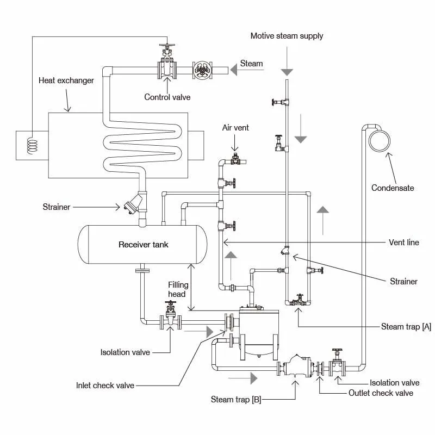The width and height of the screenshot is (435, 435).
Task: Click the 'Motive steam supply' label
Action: (287, 36)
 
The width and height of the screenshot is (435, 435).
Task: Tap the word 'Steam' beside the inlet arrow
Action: (251, 64)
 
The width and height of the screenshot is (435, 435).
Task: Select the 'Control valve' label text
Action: (167, 97)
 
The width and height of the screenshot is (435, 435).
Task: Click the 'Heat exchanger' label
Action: (66, 80)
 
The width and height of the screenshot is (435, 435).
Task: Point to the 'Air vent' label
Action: (235, 128)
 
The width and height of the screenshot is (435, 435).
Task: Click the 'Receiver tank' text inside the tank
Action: (144, 245)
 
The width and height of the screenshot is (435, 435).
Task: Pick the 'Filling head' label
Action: (178, 289)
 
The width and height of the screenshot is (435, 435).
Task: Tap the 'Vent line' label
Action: (404, 243)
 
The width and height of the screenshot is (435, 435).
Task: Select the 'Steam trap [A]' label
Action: (406, 326)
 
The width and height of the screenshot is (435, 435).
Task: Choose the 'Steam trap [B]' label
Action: (236, 400)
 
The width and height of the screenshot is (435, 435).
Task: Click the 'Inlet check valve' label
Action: (105, 386)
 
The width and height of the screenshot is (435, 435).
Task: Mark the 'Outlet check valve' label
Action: (381, 393)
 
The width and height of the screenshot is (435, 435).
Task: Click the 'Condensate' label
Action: (393, 188)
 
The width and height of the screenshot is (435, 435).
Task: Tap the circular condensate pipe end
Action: (380, 141)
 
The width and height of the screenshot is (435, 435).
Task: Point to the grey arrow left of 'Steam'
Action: (233, 69)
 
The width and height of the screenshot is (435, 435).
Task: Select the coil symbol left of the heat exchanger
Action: (33, 145)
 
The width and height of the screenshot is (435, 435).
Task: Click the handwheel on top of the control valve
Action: (167, 46)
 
